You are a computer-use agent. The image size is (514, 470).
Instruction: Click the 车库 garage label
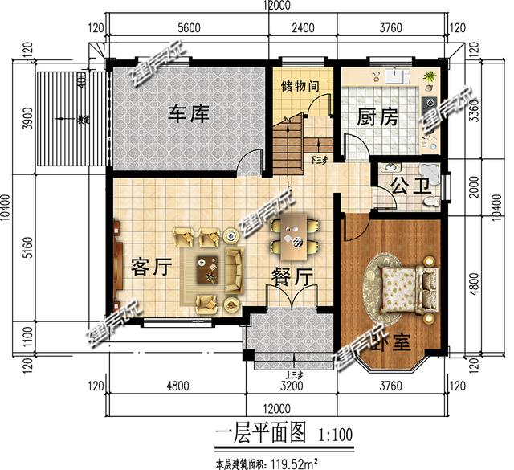coord(188,114)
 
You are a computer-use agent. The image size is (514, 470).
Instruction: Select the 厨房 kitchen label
coord(377,116)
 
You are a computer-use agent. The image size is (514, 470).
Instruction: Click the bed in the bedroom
coord(406,286)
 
